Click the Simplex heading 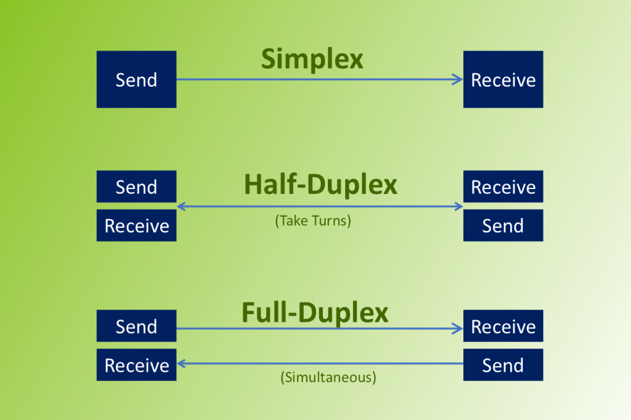[312, 60]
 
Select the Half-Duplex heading [320, 184]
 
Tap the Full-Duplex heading [315, 312]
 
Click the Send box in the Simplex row [136, 79]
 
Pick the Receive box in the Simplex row [503, 79]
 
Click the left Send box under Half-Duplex [136, 187]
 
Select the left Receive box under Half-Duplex [136, 225]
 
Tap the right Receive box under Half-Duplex [503, 187]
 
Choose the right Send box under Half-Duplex [503, 225]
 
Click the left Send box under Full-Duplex [136, 326]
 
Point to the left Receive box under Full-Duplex [136, 365]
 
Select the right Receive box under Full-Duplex [503, 326]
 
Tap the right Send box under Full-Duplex [503, 365]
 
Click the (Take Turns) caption [313, 220]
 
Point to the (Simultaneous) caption [328, 377]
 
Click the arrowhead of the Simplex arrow [458, 79]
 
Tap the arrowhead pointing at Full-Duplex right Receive [458, 329]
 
